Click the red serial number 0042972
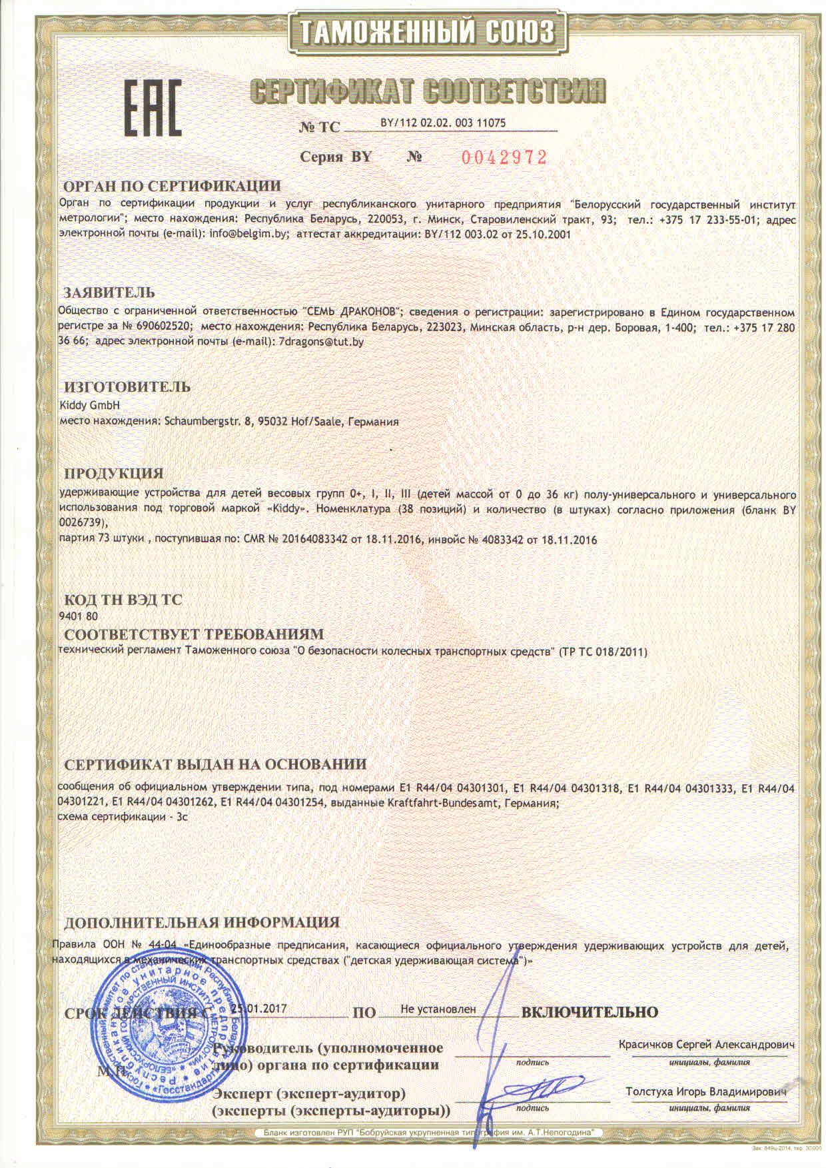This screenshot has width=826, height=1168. point(504,157)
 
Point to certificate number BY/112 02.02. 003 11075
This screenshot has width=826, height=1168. point(443,123)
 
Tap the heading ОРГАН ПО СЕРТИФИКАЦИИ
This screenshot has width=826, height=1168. point(172,185)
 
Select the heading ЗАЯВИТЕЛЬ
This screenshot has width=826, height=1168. point(109,292)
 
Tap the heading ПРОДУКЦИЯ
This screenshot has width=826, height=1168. point(113,474)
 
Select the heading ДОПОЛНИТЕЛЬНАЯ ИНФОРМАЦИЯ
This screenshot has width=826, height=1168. point(201,923)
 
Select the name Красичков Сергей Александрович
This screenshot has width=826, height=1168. point(707,1044)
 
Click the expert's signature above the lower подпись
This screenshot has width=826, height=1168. point(541,1092)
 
